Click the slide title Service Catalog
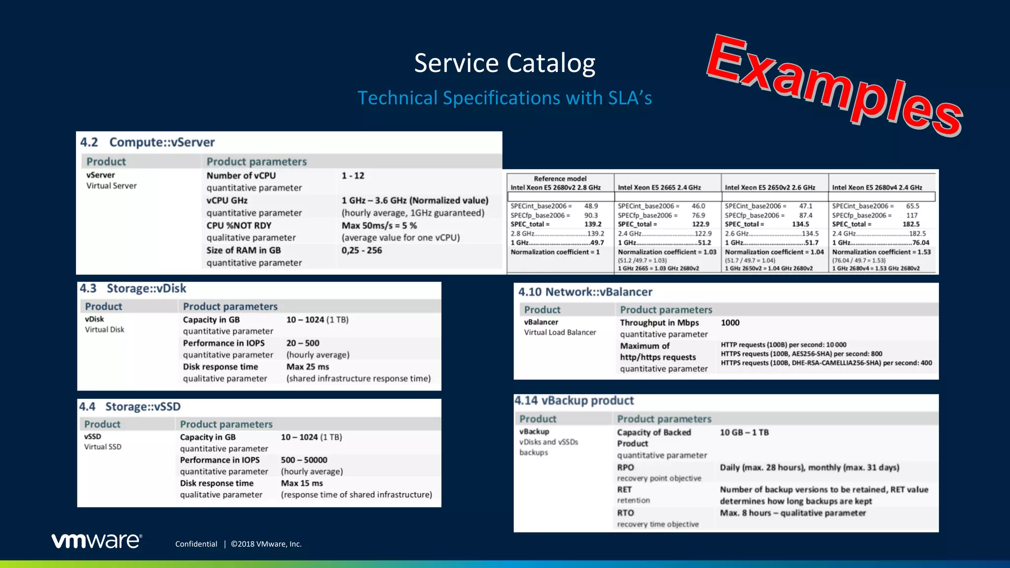click(x=505, y=64)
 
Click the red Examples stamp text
click(x=833, y=86)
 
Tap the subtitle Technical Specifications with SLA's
click(x=505, y=98)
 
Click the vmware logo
click(x=97, y=541)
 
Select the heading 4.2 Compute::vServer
click(x=147, y=142)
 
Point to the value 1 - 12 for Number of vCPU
click(x=353, y=176)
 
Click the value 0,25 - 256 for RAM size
click(x=361, y=250)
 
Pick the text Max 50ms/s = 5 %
click(x=379, y=225)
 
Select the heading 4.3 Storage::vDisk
click(x=133, y=288)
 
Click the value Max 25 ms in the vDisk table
click(x=307, y=367)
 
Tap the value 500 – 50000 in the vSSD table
click(x=304, y=460)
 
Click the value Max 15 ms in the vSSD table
click(x=302, y=483)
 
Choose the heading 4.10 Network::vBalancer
click(x=585, y=292)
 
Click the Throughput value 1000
click(x=730, y=322)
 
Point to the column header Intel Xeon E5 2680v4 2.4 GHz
click(x=877, y=187)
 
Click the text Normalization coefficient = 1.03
click(x=667, y=252)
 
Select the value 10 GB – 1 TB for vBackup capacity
click(x=744, y=432)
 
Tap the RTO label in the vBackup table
click(x=625, y=513)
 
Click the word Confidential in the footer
click(x=196, y=544)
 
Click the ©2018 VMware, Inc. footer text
click(x=266, y=544)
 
